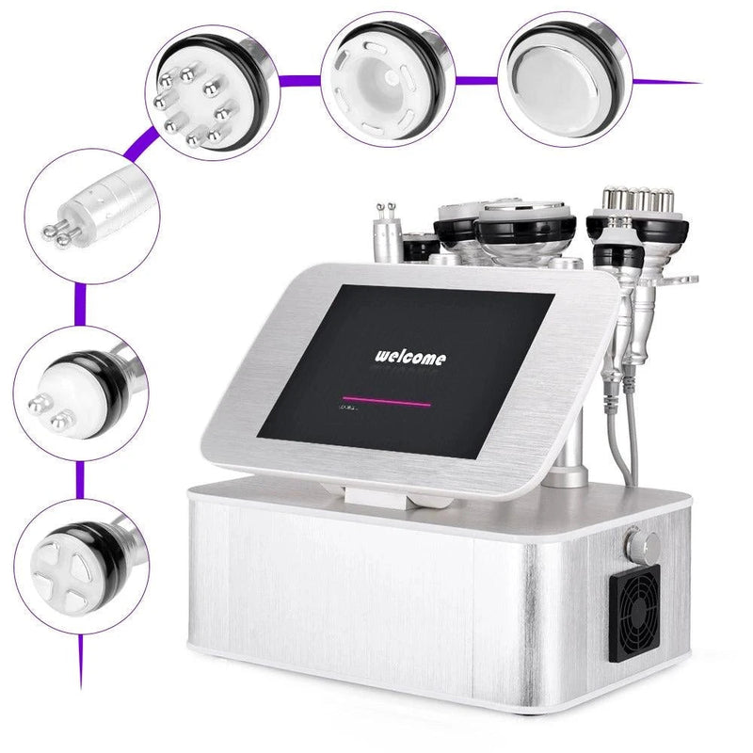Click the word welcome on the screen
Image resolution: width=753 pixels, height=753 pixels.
411,357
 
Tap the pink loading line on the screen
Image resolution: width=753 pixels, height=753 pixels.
386,401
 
